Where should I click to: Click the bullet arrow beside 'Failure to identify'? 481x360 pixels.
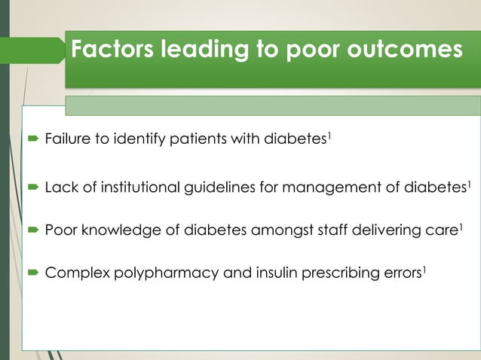point(35,139)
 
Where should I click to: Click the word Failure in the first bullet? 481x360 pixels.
point(66,139)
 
